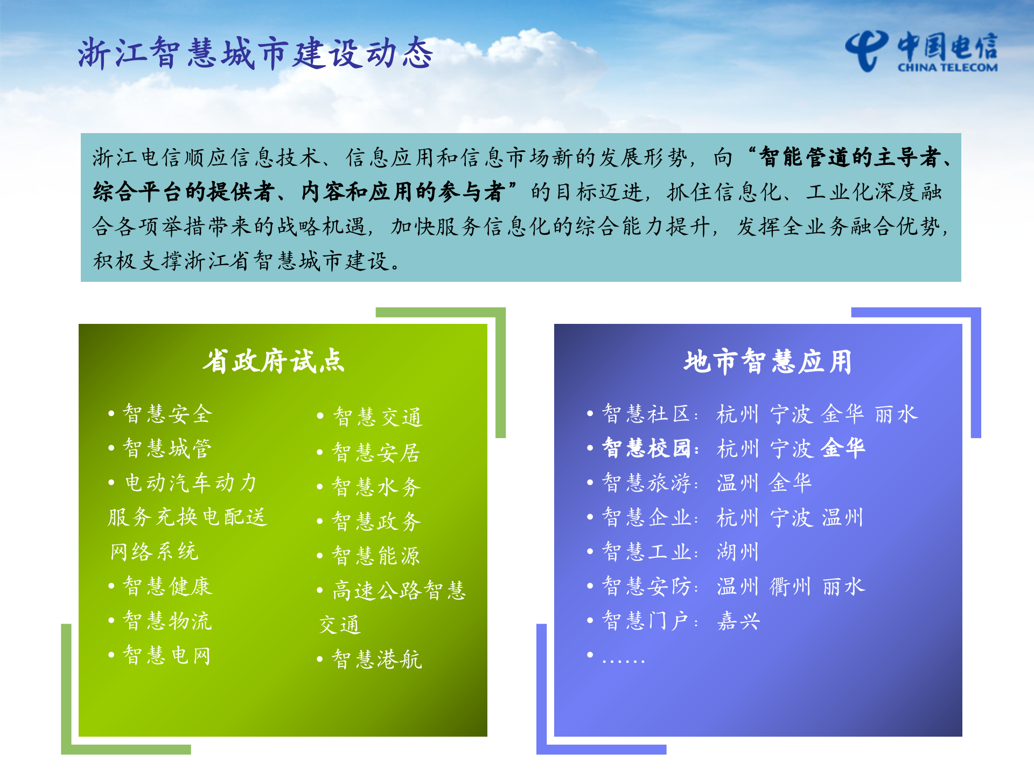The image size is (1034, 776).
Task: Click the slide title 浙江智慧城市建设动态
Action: tap(255, 54)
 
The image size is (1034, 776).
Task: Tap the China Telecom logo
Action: tap(921, 51)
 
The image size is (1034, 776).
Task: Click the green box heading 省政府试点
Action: tap(274, 361)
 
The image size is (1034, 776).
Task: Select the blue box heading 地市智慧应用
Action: tap(768, 361)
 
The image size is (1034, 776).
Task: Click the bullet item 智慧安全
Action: tap(168, 414)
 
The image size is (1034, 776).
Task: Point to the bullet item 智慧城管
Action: tap(167, 448)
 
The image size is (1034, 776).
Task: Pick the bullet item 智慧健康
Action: tap(167, 586)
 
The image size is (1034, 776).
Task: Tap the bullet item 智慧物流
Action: tap(167, 621)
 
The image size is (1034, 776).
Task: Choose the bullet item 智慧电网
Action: tap(167, 655)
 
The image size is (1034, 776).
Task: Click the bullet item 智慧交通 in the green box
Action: tap(378, 417)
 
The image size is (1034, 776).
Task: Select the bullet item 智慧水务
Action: tap(376, 487)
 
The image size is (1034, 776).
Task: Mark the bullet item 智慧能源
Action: tap(376, 556)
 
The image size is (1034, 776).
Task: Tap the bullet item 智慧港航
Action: tap(377, 659)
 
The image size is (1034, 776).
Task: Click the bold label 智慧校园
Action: tap(646, 448)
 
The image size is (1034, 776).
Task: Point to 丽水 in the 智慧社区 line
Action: tap(896, 414)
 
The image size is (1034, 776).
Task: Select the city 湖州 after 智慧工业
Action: tap(738, 552)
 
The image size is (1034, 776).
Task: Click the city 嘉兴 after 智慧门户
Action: tap(738, 621)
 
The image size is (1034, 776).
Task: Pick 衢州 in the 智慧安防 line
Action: tap(790, 586)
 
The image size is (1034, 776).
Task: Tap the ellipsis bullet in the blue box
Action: tap(623, 659)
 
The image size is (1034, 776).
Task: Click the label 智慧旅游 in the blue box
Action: tap(646, 483)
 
